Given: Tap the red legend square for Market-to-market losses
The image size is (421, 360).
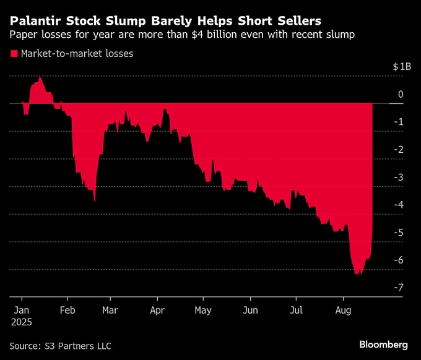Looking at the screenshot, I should (x=14, y=54).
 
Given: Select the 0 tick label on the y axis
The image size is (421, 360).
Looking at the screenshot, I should (x=401, y=94).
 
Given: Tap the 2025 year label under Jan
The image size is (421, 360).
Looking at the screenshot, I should (x=22, y=322).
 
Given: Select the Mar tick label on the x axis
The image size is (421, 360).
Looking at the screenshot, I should (x=110, y=309).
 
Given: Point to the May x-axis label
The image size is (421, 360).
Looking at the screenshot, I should (x=203, y=309).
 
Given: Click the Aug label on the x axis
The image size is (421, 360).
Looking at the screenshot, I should (x=344, y=309).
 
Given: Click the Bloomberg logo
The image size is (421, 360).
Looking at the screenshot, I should (x=384, y=344).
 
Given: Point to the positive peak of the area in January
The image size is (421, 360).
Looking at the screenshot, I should (x=40, y=77).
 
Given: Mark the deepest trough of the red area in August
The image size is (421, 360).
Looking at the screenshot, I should (x=357, y=273).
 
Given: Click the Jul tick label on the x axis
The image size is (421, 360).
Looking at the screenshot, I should (x=297, y=309).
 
